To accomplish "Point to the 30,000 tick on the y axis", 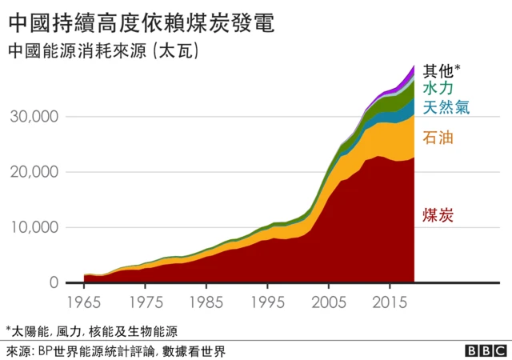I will (x=34, y=117).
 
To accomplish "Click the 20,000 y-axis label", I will (x=34, y=172).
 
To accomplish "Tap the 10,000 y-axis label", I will (x=34, y=227).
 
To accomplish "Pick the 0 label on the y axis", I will (x=53, y=283).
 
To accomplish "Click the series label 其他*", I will (x=442, y=70).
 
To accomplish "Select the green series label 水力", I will (x=439, y=88).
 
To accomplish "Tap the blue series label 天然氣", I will (x=447, y=106).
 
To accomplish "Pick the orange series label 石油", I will (x=438, y=138).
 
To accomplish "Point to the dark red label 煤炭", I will (x=438, y=214).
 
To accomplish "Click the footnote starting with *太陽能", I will (x=91, y=330).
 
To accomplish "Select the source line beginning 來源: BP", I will (x=115, y=350).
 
